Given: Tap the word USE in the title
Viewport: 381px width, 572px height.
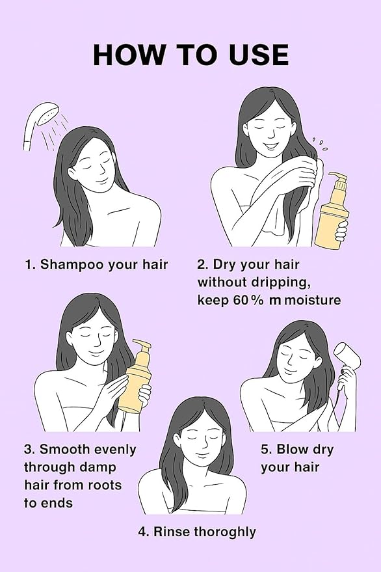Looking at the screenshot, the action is pos(259,55).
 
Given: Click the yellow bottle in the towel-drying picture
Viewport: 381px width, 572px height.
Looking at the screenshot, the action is pos(332,211).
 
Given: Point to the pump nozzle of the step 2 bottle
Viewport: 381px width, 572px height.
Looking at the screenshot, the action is pos(337,177).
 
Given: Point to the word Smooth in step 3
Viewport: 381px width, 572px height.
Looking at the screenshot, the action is pos(65,449).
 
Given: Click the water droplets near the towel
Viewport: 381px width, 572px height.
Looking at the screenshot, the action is pos(320,145).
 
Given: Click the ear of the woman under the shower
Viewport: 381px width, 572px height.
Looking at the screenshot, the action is pos(72,174).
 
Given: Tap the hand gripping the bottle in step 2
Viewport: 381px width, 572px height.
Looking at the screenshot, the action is pos(341,230).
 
